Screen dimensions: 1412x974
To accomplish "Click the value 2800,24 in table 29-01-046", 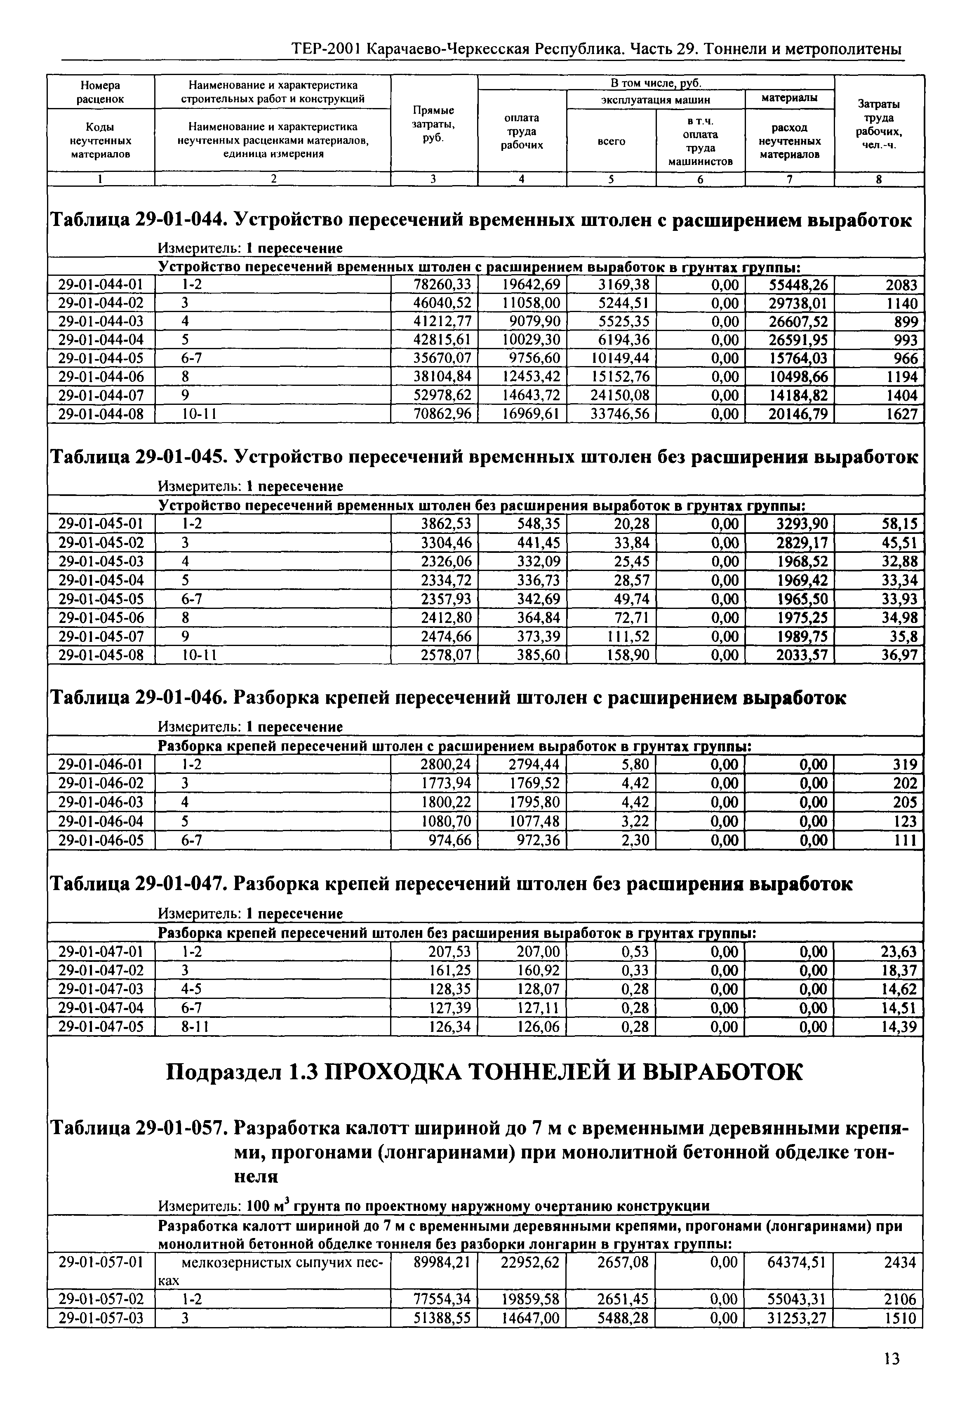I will click(x=446, y=765).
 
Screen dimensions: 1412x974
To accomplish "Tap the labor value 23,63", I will click(x=899, y=952).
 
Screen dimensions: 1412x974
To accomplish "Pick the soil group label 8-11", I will click(x=195, y=1027).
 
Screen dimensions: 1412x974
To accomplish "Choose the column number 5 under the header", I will click(x=611, y=179).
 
